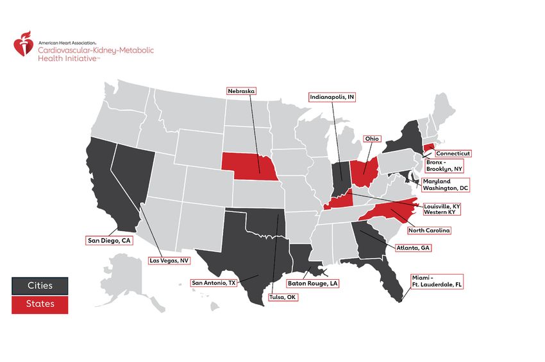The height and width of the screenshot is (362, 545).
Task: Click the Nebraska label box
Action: [x=241, y=91]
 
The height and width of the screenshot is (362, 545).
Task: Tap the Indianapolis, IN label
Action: [x=331, y=97]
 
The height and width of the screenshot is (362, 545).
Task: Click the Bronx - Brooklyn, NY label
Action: [x=445, y=166]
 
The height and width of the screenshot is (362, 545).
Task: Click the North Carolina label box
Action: [x=429, y=230]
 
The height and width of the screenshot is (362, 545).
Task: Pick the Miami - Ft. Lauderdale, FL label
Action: [x=436, y=281]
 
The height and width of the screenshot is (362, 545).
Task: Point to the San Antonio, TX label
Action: [x=215, y=282]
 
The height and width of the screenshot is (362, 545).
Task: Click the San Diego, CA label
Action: [x=109, y=240]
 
